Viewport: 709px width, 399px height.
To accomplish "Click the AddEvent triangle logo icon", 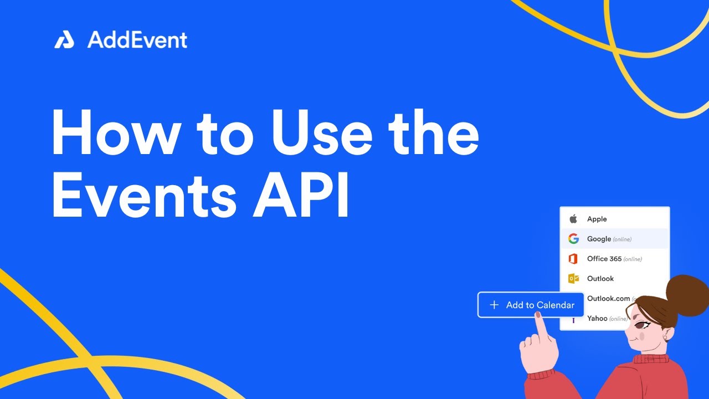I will [64, 40].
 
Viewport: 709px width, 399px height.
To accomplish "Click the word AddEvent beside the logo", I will [137, 40].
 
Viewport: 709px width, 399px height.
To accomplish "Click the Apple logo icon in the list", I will [573, 219].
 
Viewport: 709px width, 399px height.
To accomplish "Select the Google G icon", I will [573, 239].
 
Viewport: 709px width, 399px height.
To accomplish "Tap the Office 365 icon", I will [573, 259].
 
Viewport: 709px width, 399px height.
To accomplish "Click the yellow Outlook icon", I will [573, 279].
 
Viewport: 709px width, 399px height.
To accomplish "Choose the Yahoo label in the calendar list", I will [597, 318].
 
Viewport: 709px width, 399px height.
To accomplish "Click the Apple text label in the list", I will [597, 219].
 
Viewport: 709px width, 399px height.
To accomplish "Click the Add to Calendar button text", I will [540, 305].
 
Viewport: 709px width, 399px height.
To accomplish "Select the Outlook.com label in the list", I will [608, 298].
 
